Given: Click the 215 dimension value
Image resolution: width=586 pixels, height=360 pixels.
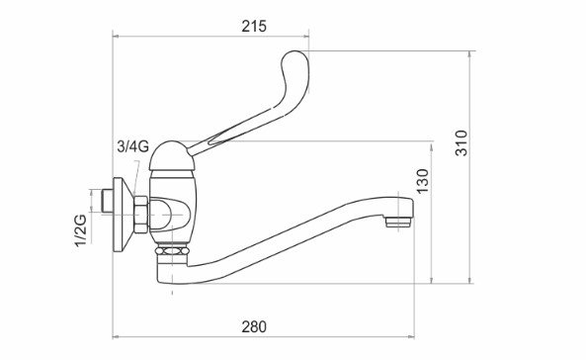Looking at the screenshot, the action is [x=254, y=26].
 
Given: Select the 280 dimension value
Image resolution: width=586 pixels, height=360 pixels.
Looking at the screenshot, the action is [x=254, y=326].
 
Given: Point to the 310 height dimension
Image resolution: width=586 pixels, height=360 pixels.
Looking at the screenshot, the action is [x=461, y=143].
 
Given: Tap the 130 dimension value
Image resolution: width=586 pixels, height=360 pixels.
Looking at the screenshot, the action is [x=423, y=181].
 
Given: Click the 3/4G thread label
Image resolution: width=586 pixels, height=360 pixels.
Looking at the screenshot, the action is [x=133, y=146].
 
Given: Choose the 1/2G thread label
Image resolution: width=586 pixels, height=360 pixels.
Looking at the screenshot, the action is [x=81, y=230].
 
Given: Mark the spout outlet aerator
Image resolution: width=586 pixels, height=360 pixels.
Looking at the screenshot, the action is [x=397, y=223].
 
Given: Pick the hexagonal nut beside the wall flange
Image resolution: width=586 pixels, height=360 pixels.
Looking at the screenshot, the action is [x=141, y=215].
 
